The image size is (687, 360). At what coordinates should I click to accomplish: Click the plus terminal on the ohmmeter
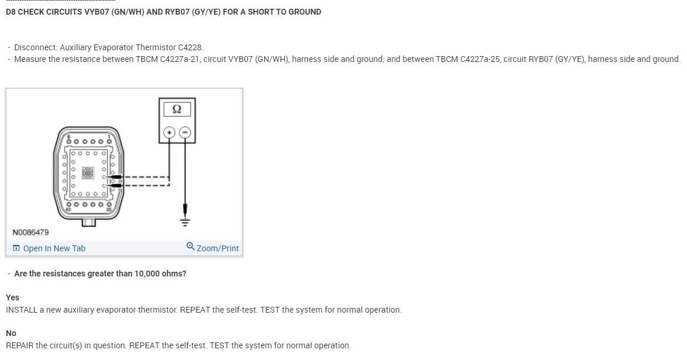pos(170,133)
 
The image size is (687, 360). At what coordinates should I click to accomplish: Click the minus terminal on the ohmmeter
pos(185,133)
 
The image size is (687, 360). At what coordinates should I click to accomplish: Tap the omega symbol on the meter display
pos(177,109)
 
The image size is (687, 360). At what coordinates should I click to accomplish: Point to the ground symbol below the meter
pos(185,220)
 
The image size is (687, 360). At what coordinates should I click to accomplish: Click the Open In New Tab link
pos(54,248)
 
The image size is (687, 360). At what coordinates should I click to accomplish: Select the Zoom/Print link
pos(217,248)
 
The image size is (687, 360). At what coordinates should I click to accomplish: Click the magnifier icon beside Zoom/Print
pos(190,247)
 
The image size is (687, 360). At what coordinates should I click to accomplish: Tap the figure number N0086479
pos(30,232)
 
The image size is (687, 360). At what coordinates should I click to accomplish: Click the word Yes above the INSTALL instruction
pos(12,297)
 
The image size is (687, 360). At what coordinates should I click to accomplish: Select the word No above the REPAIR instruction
pos(11,333)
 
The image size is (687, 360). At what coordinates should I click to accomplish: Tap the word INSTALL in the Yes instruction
pos(22,310)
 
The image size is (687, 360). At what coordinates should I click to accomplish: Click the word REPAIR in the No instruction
pos(19,345)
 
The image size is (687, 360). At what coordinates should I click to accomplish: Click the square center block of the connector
pos(88,174)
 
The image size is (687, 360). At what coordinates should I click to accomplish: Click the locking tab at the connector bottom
pos(88,222)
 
